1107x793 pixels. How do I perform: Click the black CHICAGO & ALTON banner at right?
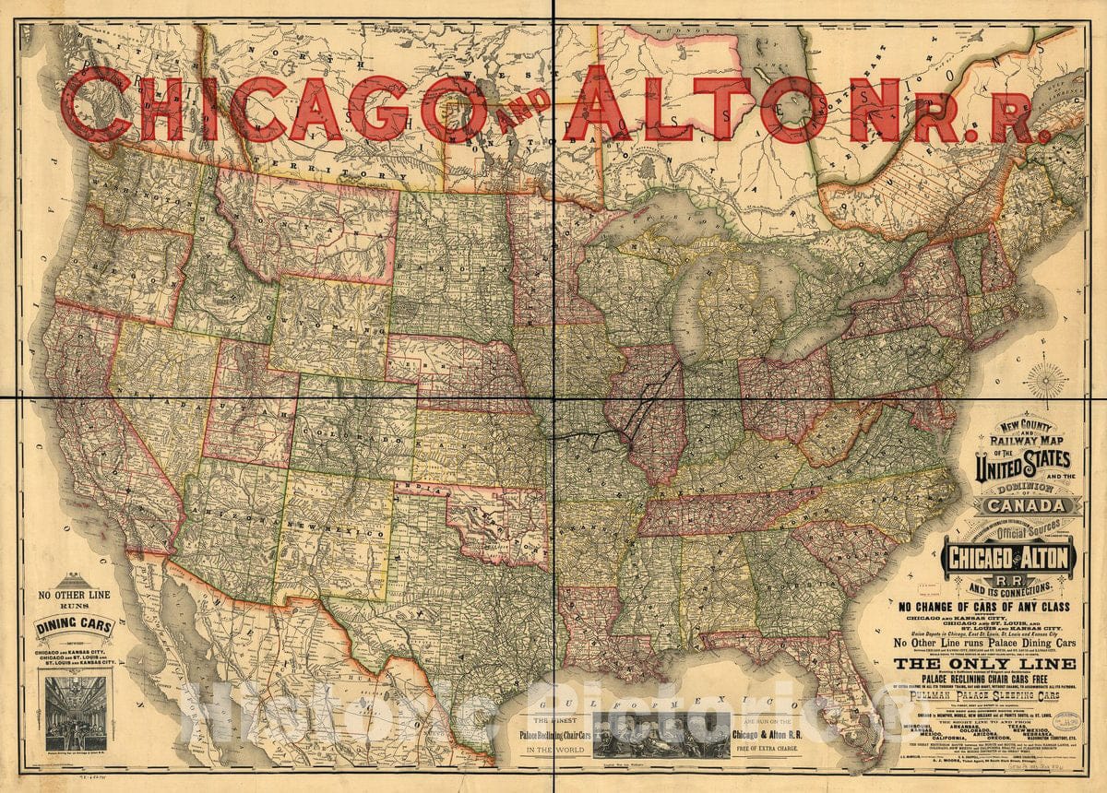pos(1007,558)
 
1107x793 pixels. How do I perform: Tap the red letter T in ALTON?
pos(720,109)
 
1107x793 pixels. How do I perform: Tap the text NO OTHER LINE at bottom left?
pos(73,596)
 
